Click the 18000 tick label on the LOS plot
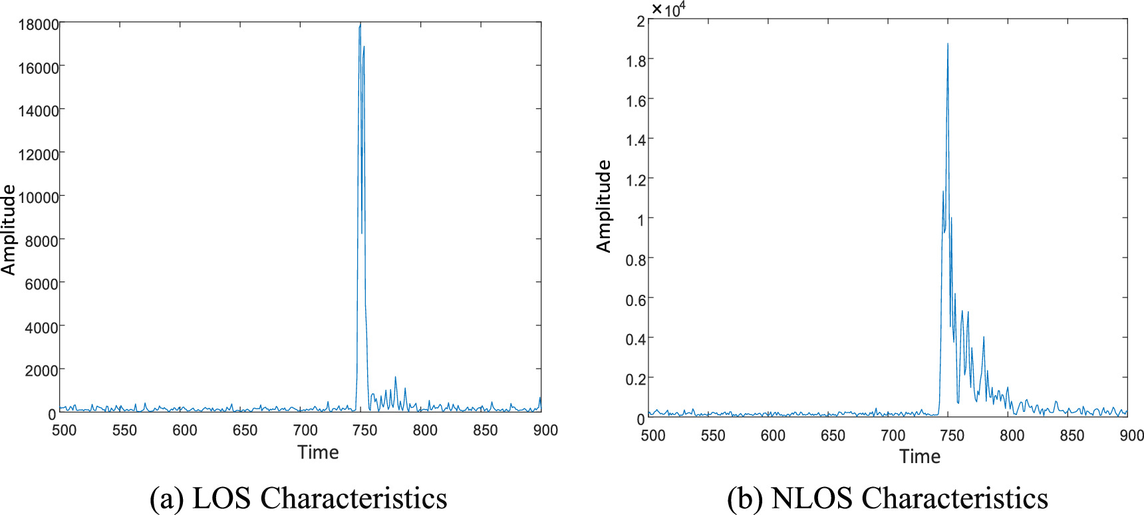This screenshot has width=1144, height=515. (x=39, y=25)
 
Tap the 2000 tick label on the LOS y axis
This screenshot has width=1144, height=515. (x=42, y=371)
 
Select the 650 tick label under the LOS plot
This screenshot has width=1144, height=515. (x=245, y=430)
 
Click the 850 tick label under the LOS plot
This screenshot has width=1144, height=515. (x=486, y=430)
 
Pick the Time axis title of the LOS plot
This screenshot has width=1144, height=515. (x=318, y=452)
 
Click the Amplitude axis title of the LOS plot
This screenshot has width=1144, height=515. (x=9, y=230)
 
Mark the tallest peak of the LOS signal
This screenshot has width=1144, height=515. (x=360, y=25)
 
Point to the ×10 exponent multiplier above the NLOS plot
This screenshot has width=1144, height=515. (x=668, y=9)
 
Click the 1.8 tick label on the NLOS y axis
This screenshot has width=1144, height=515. (x=636, y=61)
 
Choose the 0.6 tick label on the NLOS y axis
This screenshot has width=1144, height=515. (x=636, y=299)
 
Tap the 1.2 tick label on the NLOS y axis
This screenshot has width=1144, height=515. (x=636, y=180)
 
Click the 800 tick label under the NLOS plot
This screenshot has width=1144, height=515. (x=1012, y=436)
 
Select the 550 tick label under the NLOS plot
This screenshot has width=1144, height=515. (x=713, y=436)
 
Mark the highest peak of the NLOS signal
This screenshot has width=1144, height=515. (x=948, y=44)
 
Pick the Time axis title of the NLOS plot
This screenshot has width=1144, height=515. (x=920, y=456)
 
